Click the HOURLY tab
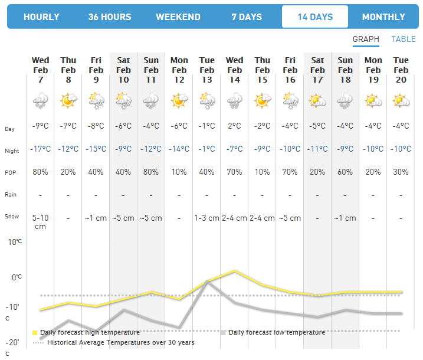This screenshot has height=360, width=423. pyautogui.click(x=41, y=17)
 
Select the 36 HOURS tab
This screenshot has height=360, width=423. pyautogui.click(x=110, y=17)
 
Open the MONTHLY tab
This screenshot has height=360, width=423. pyautogui.click(x=383, y=17)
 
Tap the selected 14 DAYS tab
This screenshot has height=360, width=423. pyautogui.click(x=315, y=17)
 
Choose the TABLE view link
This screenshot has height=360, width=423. pyautogui.click(x=404, y=40)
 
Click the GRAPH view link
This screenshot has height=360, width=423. pyautogui.click(x=366, y=40)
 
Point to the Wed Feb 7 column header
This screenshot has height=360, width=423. pyautogui.click(x=41, y=70)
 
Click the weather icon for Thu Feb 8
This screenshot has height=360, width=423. pyautogui.click(x=68, y=102)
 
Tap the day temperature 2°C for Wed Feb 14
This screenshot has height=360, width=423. pyautogui.click(x=234, y=126)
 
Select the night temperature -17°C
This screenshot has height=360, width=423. pyautogui.click(x=41, y=149)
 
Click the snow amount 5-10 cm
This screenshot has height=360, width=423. pyautogui.click(x=41, y=222)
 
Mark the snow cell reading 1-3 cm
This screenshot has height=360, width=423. pyautogui.click(x=206, y=218)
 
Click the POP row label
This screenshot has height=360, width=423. pyautogui.click(x=10, y=173)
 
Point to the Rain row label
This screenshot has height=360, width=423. pyautogui.click(x=10, y=195)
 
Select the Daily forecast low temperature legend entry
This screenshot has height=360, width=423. pyautogui.click(x=276, y=332)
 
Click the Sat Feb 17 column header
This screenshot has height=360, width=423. pyautogui.click(x=317, y=70)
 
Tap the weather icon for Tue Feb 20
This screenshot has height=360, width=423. pyautogui.click(x=401, y=102)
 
